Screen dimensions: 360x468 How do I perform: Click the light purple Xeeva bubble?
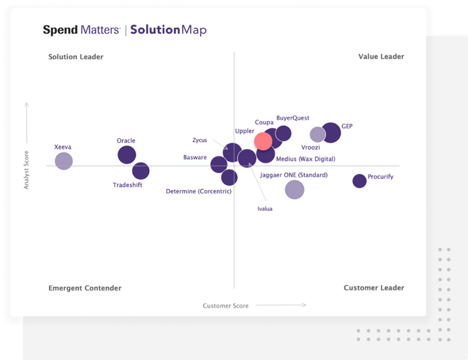click(63, 161)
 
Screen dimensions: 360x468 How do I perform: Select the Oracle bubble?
click(126, 155)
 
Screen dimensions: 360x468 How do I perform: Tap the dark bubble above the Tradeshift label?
click(140, 171)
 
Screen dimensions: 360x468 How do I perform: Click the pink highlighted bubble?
click(263, 141)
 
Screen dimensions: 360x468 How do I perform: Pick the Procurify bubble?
click(359, 181)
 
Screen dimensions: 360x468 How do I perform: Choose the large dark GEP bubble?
click(331, 133)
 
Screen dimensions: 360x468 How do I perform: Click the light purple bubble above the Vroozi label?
click(317, 134)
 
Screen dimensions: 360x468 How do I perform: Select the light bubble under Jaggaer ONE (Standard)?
click(294, 189)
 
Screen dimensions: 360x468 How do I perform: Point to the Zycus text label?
click(199, 140)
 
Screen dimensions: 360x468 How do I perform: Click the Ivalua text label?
click(265, 209)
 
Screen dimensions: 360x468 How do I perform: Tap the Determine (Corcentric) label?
click(199, 191)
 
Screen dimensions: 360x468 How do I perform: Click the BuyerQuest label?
click(292, 118)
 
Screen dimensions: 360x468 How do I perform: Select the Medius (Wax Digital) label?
click(305, 159)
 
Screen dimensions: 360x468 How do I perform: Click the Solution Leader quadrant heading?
click(75, 57)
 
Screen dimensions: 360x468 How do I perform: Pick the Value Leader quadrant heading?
click(381, 57)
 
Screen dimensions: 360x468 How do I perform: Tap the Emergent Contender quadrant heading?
click(85, 288)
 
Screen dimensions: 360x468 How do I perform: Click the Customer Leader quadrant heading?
click(374, 288)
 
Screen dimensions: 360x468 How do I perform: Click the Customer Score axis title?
click(226, 306)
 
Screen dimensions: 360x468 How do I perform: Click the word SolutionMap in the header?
click(168, 30)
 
